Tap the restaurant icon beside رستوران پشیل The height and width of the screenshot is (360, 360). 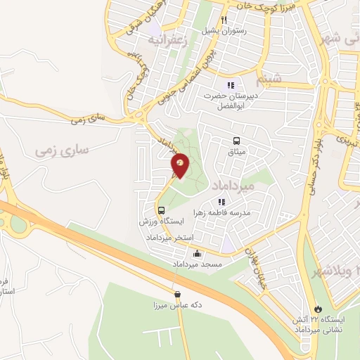224,20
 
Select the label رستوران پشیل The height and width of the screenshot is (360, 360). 224,31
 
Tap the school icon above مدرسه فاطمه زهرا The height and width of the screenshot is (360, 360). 222,202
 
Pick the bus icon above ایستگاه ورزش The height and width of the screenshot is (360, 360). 162,210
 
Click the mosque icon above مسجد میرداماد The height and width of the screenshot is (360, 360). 197,254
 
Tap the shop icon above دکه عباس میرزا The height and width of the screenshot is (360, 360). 177,295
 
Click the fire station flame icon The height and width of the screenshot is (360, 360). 319,308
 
